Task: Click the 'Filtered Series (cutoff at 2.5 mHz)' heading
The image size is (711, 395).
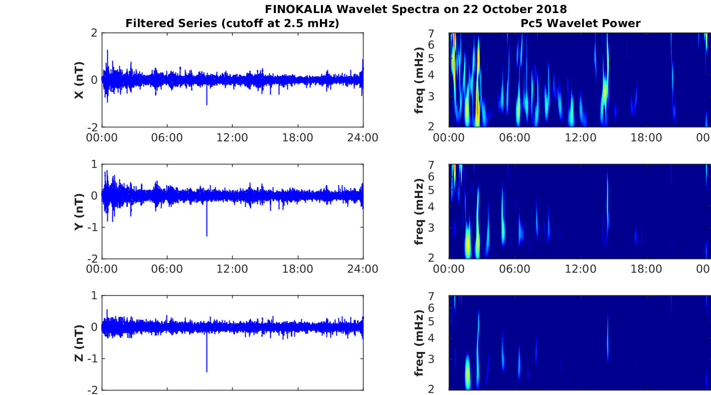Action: (232, 23)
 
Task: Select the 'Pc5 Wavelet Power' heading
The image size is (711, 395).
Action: (580, 23)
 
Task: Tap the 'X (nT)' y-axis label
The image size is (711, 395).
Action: (79, 80)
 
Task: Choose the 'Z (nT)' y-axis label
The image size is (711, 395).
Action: (79, 343)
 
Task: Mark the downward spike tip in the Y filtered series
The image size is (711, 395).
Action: (207, 235)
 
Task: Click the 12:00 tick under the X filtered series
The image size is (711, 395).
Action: (232, 138)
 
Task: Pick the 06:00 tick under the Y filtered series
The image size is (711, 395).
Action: (167, 269)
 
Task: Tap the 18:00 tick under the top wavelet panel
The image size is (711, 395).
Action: (646, 138)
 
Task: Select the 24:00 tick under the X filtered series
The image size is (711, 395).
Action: (363, 138)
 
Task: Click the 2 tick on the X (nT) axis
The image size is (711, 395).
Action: (93, 33)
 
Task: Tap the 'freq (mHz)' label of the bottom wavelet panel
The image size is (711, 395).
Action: (420, 343)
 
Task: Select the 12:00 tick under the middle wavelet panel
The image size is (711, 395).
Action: (580, 269)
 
